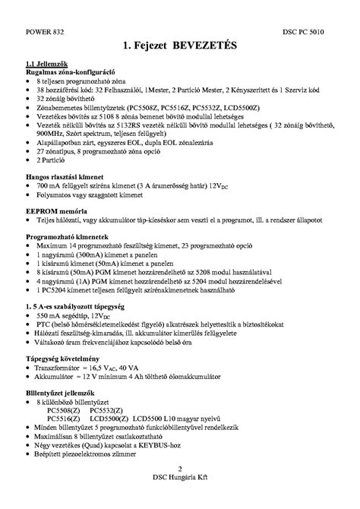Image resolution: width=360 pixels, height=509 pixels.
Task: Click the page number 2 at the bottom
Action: tap(180, 490)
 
